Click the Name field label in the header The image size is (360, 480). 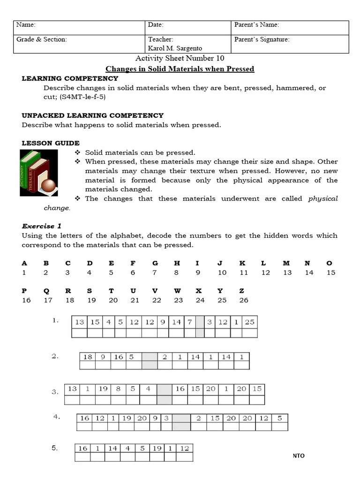[x=26, y=25]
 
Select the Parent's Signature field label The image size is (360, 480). [x=262, y=39]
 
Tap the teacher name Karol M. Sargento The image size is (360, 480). [x=175, y=48]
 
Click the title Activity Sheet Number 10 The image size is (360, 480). [x=180, y=58]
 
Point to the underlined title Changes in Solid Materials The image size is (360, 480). [x=180, y=69]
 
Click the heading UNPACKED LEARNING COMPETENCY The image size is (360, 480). [x=93, y=115]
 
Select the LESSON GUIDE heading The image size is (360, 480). [x=51, y=143]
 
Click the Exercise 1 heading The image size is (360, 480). [x=41, y=226]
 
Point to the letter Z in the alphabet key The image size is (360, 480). [x=242, y=291]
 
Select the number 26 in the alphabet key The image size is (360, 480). [x=244, y=300]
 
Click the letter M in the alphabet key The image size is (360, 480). [x=286, y=263]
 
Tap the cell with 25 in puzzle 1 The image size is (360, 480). [x=250, y=322]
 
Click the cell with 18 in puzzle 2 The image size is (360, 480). [x=88, y=357]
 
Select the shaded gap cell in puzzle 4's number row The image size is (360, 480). [x=181, y=418]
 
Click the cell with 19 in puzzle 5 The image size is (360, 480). [x=157, y=448]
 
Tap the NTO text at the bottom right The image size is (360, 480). [x=299, y=456]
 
